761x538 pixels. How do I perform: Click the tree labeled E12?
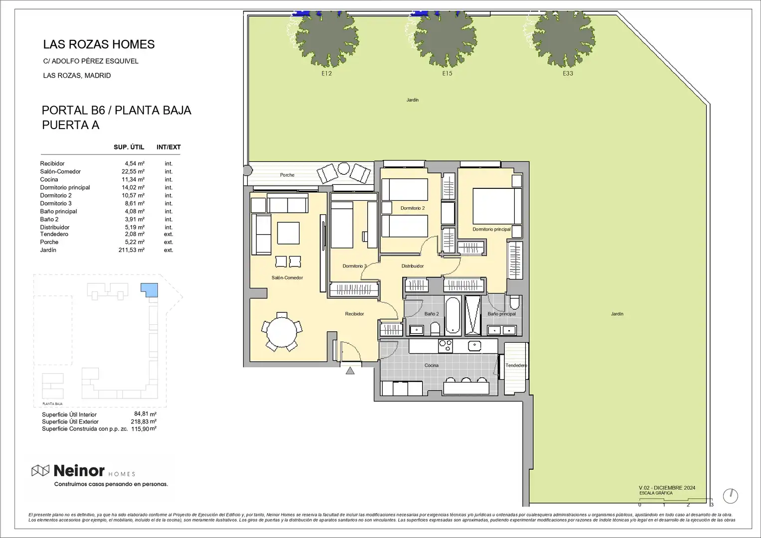coord(327,38)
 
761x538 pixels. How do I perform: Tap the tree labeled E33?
coord(564,38)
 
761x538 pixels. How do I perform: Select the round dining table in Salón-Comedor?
coord(282,332)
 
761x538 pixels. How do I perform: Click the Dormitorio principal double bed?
coord(497,206)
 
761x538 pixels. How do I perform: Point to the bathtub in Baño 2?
coord(453,315)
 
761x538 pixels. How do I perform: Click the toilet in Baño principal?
coord(515,301)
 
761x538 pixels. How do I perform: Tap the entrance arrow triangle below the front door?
coord(350,371)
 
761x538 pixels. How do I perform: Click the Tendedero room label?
coord(516,366)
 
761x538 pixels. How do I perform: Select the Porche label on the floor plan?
coord(287,175)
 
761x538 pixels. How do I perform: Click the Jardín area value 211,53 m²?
coord(132,250)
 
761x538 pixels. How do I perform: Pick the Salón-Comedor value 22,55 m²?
coord(133,171)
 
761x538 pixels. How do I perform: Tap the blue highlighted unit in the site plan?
coord(150,290)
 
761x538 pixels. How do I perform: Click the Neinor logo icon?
coord(40,470)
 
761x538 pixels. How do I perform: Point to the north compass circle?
coord(731,496)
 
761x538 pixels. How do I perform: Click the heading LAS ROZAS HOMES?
coord(99,44)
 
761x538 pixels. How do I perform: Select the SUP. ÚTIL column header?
coord(129,147)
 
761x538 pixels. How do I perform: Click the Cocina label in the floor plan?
coord(432,366)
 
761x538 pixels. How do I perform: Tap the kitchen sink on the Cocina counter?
coord(474,346)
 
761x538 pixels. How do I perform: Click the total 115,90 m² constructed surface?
coord(144,429)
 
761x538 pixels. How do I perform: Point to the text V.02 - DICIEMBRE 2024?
coord(667,488)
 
